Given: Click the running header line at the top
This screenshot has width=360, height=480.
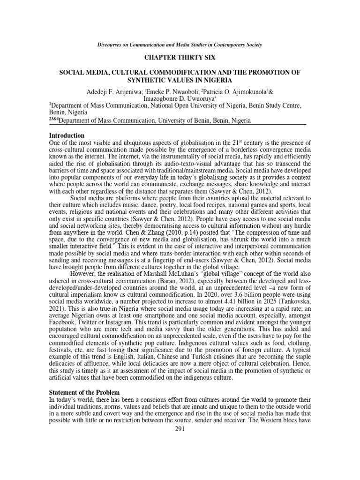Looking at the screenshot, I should pyautogui.click(x=180, y=45).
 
